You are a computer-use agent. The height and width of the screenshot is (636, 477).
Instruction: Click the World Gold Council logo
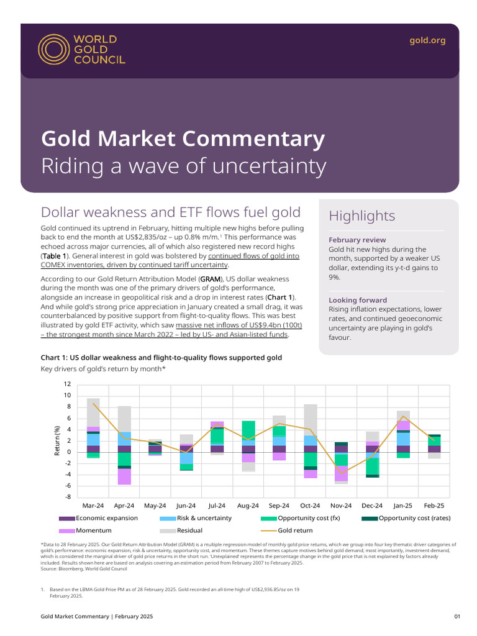pos(81,49)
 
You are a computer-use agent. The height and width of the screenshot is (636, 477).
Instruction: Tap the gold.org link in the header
pos(427,40)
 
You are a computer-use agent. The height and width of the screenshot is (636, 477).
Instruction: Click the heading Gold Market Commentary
pos(183,139)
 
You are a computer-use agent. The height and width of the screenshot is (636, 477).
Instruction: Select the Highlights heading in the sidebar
pos(361,216)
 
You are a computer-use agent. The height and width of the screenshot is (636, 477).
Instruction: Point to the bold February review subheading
pos(357,240)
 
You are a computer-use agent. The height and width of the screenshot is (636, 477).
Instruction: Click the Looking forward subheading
pos(358,300)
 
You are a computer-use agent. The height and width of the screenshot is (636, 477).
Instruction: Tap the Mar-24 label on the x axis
pos(93,506)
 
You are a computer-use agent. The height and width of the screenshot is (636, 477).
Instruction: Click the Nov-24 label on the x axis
pos(341,506)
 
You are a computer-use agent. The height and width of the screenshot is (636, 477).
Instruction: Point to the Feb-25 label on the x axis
pos(434,506)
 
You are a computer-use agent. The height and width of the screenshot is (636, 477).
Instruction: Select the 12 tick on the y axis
pos(66,384)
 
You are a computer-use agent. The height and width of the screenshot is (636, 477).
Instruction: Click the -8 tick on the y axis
pos(66,497)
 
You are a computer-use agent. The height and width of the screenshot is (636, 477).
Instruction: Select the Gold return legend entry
pos(295,531)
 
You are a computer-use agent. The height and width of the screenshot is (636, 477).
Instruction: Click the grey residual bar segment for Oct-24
pos(311,420)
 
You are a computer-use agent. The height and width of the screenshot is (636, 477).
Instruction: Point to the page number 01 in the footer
pos(457,617)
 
